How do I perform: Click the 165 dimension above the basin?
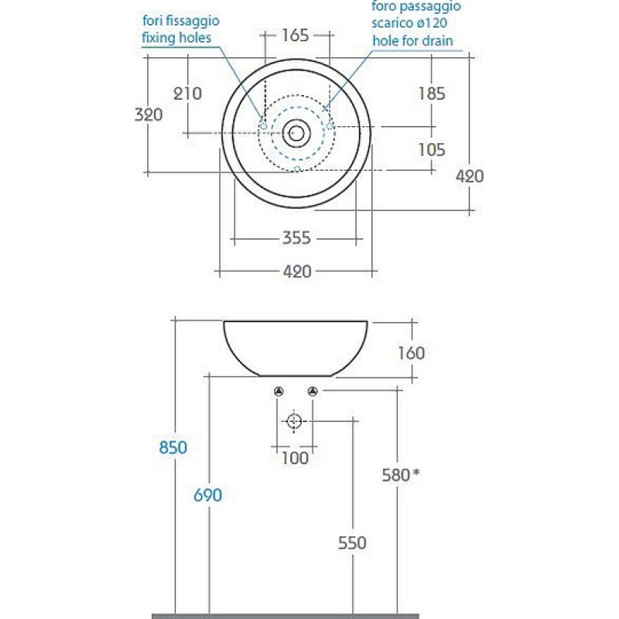[296, 36]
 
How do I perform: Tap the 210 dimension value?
[187, 94]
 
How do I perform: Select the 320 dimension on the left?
[149, 115]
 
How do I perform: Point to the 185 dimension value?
[432, 94]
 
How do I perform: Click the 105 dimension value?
[432, 149]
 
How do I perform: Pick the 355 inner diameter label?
[296, 238]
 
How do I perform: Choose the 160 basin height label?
[412, 353]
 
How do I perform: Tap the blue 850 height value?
[173, 448]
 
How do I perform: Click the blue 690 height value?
[207, 495]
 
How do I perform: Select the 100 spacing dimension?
[295, 458]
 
